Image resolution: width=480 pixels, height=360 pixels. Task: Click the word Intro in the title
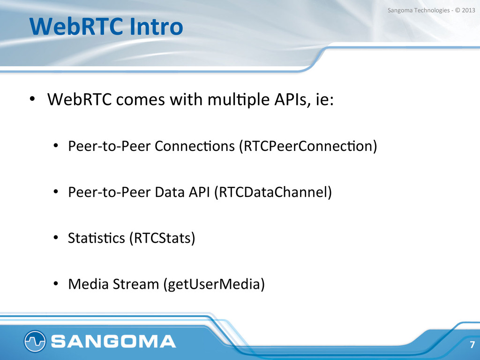tap(157, 26)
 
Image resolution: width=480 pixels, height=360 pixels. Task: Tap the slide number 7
tap(472, 345)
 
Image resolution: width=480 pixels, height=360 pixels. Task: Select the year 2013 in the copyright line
tap(468, 10)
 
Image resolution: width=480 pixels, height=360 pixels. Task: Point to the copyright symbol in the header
tap(457, 10)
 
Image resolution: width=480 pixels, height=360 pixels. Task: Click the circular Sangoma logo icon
tap(35, 341)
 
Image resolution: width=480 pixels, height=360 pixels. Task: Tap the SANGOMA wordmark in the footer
tap(113, 341)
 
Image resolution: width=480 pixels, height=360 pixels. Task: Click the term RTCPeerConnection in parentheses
tap(308, 146)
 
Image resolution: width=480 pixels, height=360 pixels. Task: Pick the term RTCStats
tap(162, 238)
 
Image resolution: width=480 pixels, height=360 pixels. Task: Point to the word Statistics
tap(97, 238)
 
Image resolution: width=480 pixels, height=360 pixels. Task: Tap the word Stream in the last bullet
tap(136, 284)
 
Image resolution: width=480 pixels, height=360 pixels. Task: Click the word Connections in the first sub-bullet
tap(195, 146)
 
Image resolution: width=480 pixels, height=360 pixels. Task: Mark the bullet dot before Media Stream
tap(55, 284)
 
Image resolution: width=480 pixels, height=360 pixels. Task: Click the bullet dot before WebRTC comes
tap(32, 99)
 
